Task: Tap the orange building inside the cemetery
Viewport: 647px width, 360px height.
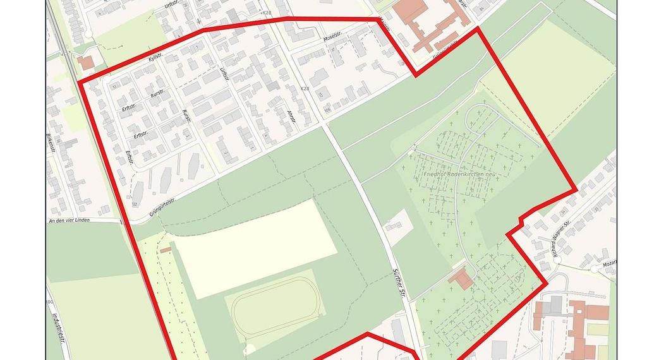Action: (x=463, y=279)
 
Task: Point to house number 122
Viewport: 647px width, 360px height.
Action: (x=134, y=205)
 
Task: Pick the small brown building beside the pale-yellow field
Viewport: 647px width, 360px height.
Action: (x=166, y=251)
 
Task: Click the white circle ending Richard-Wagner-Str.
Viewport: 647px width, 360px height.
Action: (x=594, y=269)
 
